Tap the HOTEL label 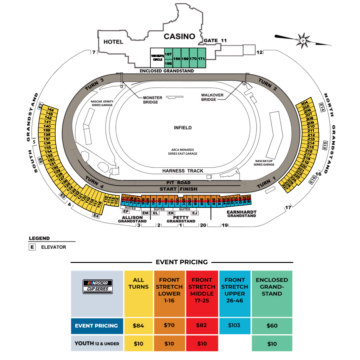(111, 42)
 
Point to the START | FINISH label (181, 187)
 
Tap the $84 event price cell (140, 325)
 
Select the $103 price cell (235, 325)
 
